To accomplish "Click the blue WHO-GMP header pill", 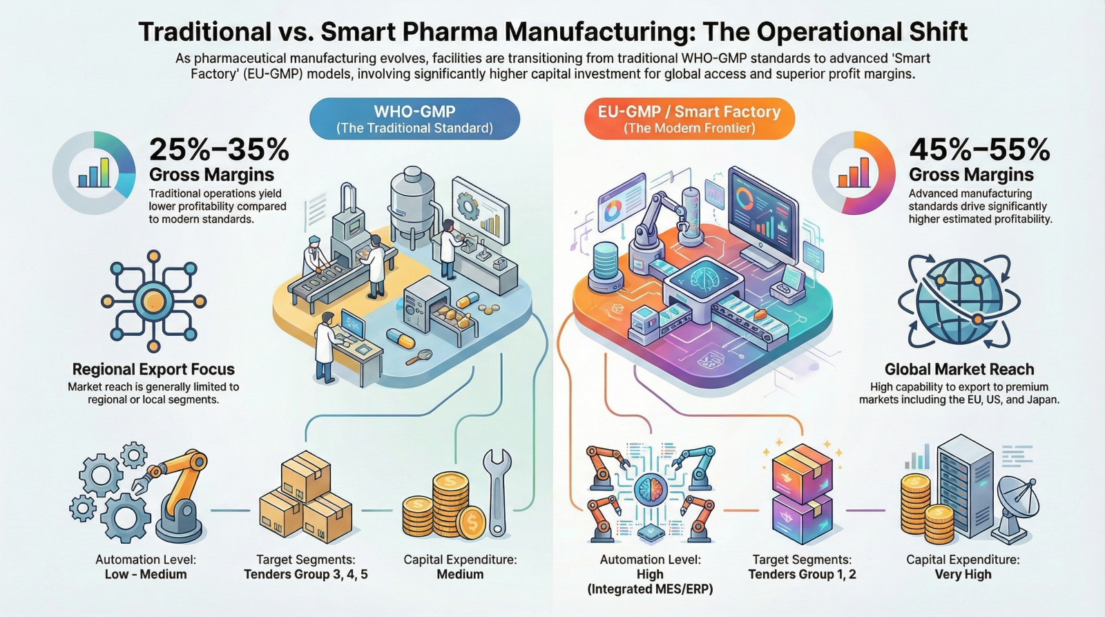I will pyautogui.click(x=414, y=118).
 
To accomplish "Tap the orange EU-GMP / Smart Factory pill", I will pyautogui.click(x=689, y=118).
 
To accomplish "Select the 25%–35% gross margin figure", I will pyautogui.click(x=219, y=149).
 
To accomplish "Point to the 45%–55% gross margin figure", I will pyautogui.click(x=979, y=149).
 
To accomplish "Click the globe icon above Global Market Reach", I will pyautogui.click(x=959, y=301).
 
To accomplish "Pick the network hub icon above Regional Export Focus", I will pyautogui.click(x=153, y=301).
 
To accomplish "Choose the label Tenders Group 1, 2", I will pyautogui.click(x=802, y=574).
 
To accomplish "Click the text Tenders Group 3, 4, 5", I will pyautogui.click(x=306, y=574).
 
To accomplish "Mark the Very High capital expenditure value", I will pyautogui.click(x=963, y=574).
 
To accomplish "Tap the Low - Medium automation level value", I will pyautogui.click(x=145, y=574).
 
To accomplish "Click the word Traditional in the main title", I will pyautogui.click(x=204, y=32).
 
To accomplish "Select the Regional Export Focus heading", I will pyautogui.click(x=153, y=369).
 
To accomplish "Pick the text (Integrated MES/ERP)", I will pyautogui.click(x=650, y=589).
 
